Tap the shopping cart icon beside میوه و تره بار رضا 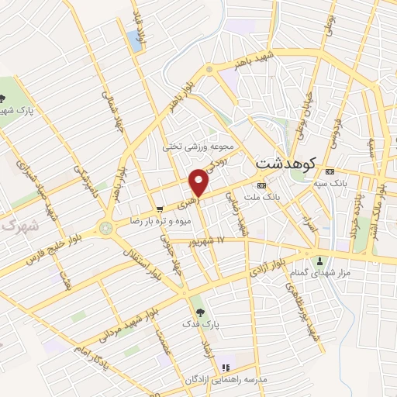pos(160,209)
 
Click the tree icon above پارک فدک pos(202,312)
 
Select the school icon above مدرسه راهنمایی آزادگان pos(226,366)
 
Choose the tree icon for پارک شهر pos(4,98)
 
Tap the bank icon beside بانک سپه pos(330,171)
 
